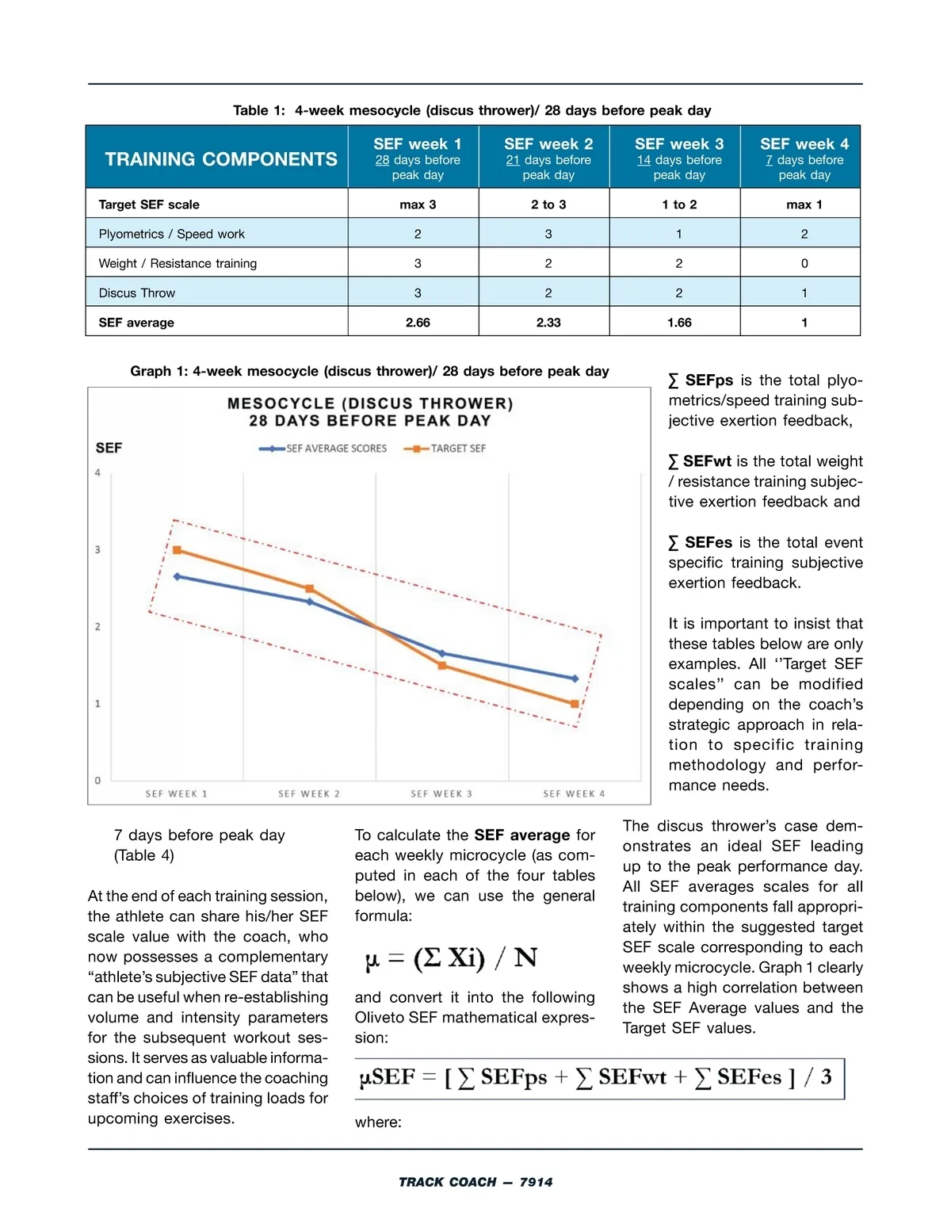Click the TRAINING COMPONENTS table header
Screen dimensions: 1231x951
click(x=220, y=159)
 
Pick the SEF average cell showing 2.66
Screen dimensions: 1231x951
click(x=418, y=323)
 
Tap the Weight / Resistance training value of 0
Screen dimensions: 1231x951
click(x=804, y=263)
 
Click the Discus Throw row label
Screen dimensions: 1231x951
click(x=137, y=293)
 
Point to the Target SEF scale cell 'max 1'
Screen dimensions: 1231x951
click(x=804, y=205)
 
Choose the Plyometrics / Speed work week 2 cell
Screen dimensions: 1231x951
click(x=548, y=234)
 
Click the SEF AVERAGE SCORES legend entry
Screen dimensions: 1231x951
click(x=324, y=449)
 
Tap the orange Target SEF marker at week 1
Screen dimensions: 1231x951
click(x=177, y=550)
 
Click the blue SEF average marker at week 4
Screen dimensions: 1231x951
click(x=575, y=679)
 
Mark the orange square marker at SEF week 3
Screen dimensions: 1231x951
click(x=442, y=666)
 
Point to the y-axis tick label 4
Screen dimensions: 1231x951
click(x=98, y=473)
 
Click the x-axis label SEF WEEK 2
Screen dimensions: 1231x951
click(x=309, y=793)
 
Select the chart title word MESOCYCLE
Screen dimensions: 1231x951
click(x=281, y=403)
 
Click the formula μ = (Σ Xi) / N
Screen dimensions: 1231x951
click(x=451, y=958)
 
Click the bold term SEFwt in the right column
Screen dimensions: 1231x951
click(x=707, y=461)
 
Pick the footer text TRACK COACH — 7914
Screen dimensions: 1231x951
click(x=475, y=1182)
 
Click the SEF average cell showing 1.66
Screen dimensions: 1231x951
click(x=679, y=323)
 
